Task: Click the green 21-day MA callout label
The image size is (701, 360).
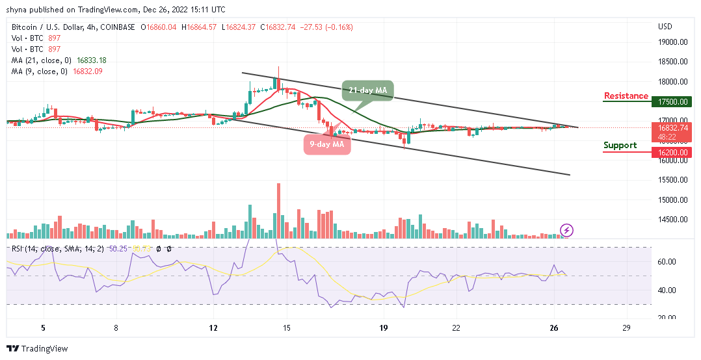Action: click(x=368, y=91)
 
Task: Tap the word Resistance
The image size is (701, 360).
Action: click(x=626, y=96)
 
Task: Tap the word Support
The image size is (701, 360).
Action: click(x=620, y=145)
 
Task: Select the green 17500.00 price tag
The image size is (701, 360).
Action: click(x=673, y=102)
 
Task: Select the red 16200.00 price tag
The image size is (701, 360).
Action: click(x=673, y=152)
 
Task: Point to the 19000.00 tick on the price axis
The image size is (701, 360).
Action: click(x=673, y=42)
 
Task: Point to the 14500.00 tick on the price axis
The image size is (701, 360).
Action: click(x=673, y=220)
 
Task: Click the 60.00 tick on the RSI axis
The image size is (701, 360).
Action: click(x=668, y=262)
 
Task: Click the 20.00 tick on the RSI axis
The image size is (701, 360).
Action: click(x=668, y=318)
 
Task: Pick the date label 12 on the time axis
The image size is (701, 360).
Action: click(x=213, y=328)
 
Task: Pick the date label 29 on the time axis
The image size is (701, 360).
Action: click(x=626, y=328)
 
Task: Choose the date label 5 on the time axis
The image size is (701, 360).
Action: click(x=43, y=328)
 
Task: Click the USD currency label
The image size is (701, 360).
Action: click(x=665, y=27)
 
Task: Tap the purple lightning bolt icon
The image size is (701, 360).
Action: click(x=566, y=229)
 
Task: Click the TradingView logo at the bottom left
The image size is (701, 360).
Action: click(x=37, y=349)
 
